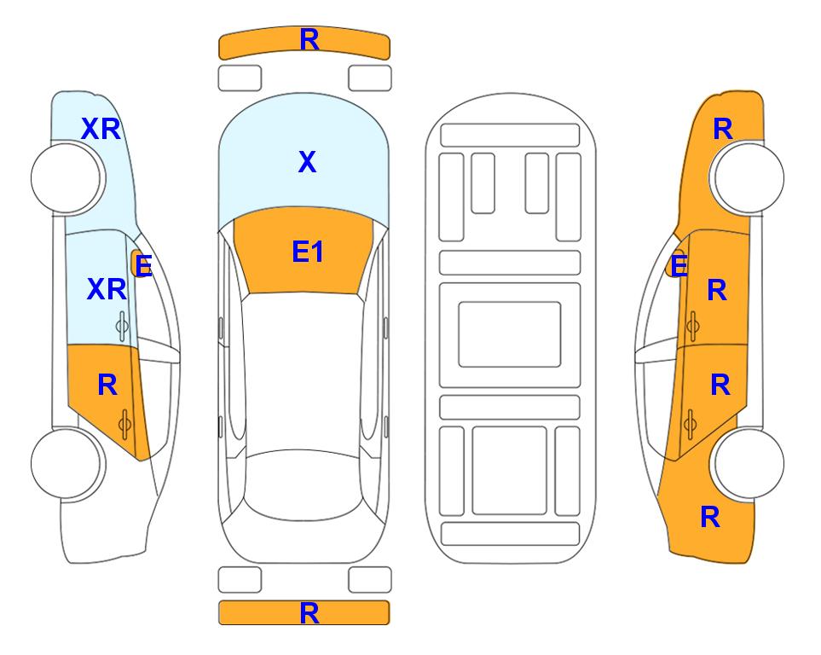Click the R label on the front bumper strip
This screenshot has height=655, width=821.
pyautogui.click(x=309, y=40)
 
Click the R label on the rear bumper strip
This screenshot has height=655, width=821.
pyautogui.click(x=309, y=613)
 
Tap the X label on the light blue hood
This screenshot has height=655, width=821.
pyautogui.click(x=308, y=162)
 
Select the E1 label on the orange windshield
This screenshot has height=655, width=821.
pyautogui.click(x=308, y=252)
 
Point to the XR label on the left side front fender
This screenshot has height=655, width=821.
pyautogui.click(x=101, y=129)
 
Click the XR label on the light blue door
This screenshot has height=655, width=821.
pyautogui.click(x=107, y=289)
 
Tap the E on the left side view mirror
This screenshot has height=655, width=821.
pyautogui.click(x=143, y=265)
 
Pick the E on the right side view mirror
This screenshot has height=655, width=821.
pyautogui.click(x=679, y=265)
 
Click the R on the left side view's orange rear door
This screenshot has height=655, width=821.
pyautogui.click(x=107, y=385)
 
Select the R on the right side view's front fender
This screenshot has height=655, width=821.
pyautogui.click(x=723, y=129)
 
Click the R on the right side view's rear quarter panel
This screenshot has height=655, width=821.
pyautogui.click(x=710, y=517)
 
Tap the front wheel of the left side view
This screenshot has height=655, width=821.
pyautogui.click(x=66, y=178)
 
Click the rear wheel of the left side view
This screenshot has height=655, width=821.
pyautogui.click(x=66, y=463)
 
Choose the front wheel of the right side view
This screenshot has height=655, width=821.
pyautogui.click(x=749, y=178)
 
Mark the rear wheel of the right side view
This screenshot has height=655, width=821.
pyautogui.click(x=749, y=463)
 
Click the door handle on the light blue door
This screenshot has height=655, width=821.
pyautogui.click(x=122, y=326)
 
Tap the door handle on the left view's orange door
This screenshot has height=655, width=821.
pyautogui.click(x=124, y=425)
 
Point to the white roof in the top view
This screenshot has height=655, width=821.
pyautogui.click(x=304, y=372)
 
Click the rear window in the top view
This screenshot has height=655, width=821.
pyautogui.click(x=304, y=484)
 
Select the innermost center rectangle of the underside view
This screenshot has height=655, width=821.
pyautogui.click(x=510, y=334)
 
